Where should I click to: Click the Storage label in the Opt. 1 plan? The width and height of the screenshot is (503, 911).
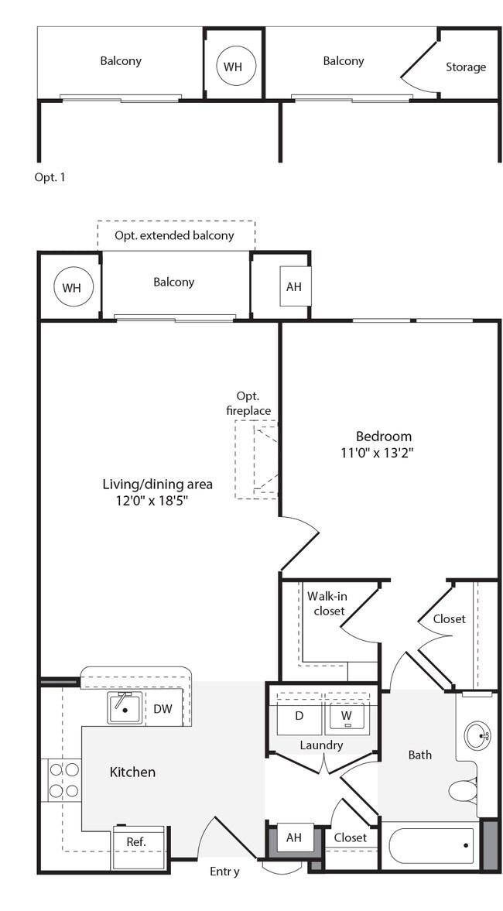click(466, 67)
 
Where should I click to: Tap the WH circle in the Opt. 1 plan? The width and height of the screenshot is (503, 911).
click(233, 67)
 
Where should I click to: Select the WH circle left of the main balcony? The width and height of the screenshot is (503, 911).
click(71, 288)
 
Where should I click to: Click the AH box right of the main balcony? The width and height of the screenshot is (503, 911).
click(294, 286)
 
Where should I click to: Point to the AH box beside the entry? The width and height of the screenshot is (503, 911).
click(294, 837)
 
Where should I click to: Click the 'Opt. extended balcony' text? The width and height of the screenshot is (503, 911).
click(175, 235)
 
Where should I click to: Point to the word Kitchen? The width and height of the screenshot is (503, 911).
click(132, 772)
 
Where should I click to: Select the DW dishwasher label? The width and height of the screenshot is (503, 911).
click(163, 709)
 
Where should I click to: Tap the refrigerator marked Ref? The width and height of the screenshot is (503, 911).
click(137, 841)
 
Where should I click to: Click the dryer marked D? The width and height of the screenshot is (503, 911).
click(299, 717)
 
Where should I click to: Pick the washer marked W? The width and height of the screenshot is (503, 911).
click(347, 717)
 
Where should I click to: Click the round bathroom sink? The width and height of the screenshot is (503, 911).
click(479, 735)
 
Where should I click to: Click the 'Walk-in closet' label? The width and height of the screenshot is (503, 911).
click(325, 603)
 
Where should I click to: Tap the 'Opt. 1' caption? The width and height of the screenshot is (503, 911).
click(50, 177)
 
